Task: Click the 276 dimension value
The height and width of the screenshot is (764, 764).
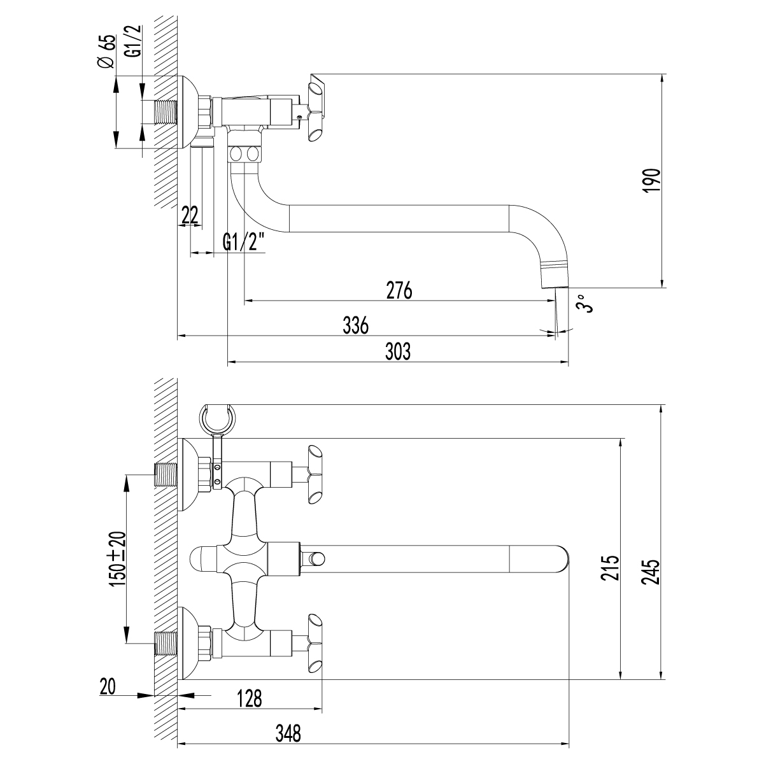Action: click(399, 290)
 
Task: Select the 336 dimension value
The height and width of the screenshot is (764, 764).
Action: click(355, 325)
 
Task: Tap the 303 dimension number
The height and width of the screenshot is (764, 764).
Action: click(399, 351)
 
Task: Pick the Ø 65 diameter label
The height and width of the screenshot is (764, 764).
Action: click(107, 52)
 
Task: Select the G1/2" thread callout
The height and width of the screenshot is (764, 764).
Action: click(243, 243)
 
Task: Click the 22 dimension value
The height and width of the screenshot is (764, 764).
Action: click(189, 215)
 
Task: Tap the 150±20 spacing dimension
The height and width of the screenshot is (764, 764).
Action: click(118, 558)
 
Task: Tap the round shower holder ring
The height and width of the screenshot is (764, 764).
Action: click(217, 418)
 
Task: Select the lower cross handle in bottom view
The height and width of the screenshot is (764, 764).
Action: click(315, 642)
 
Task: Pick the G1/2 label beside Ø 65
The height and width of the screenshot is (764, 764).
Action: click(132, 43)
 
